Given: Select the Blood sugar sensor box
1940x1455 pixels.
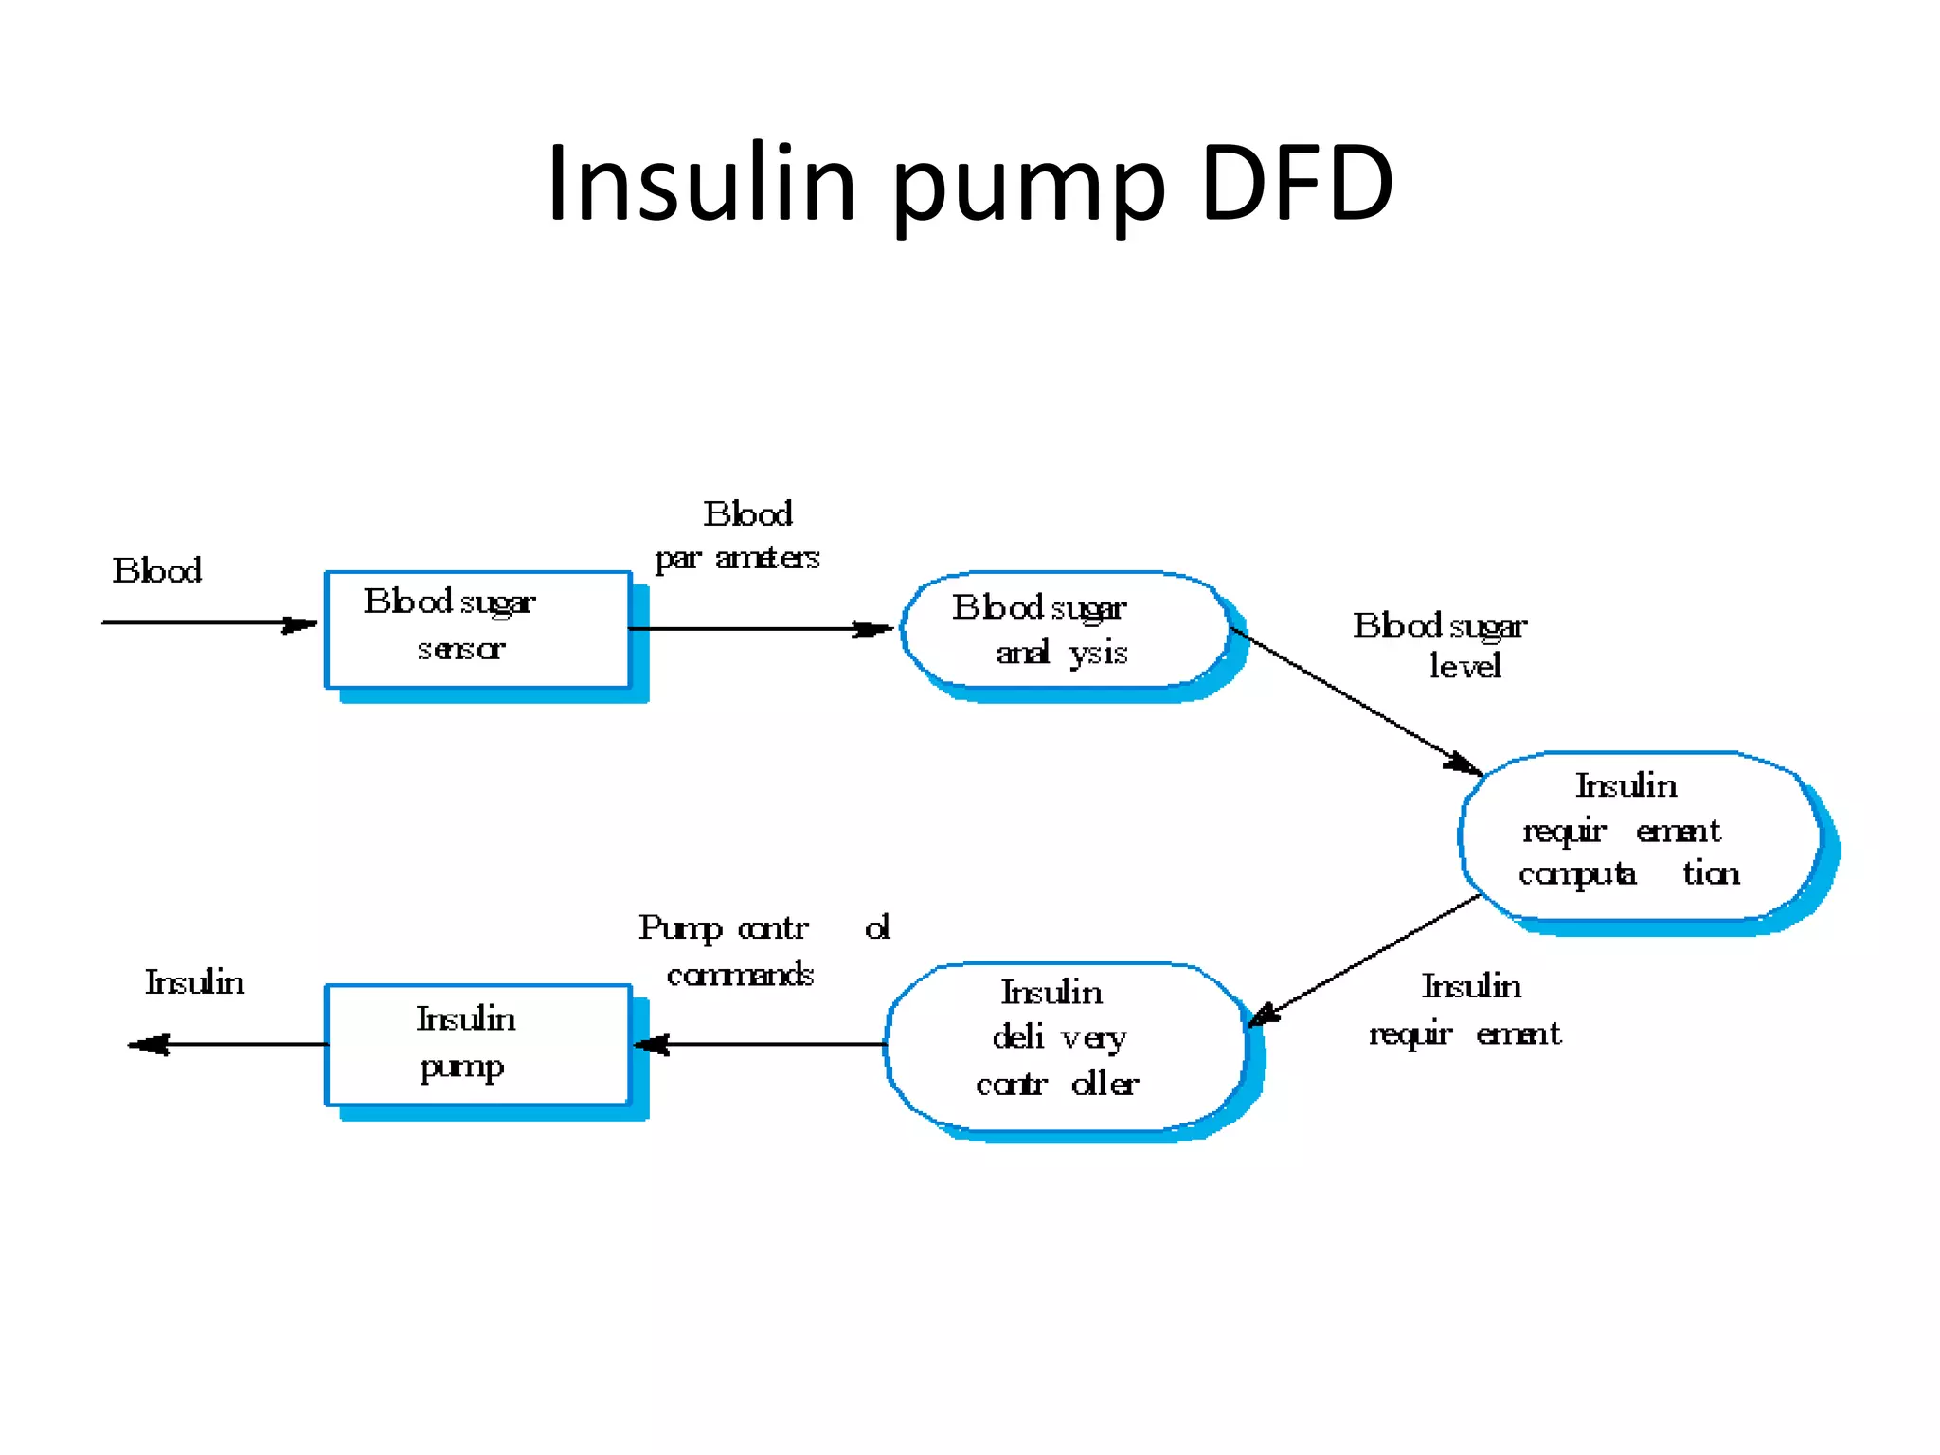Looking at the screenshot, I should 477,629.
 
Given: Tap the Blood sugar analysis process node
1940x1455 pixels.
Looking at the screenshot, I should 1063,629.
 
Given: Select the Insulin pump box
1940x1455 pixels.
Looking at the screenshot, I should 477,1044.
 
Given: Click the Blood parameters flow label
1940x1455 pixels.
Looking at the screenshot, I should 739,536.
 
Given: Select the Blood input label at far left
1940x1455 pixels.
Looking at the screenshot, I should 157,571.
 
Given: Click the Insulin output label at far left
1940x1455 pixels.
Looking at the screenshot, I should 194,982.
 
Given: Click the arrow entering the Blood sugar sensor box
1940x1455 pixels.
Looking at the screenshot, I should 208,623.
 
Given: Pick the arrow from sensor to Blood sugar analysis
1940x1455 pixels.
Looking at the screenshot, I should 758,629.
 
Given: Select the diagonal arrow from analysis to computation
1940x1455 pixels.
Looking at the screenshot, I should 1355,701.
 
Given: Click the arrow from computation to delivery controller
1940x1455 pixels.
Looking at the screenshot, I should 1364,961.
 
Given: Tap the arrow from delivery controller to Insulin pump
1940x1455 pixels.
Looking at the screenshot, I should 758,1044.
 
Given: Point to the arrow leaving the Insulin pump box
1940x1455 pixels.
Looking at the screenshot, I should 227,1044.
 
